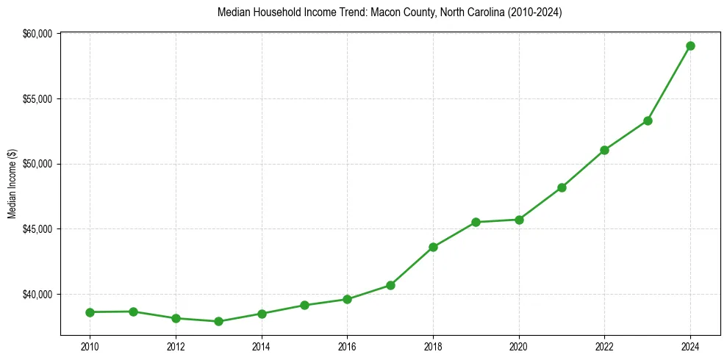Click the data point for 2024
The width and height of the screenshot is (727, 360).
tap(690, 46)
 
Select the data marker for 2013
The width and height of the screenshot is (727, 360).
tap(218, 321)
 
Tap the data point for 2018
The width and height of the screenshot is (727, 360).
tap(433, 247)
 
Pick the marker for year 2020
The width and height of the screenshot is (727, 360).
tap(519, 220)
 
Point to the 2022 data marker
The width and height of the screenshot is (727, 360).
tap(604, 150)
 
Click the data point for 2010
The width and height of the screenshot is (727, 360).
tap(90, 312)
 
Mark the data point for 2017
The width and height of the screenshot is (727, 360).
tap(390, 285)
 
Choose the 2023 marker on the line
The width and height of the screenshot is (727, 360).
tap(648, 120)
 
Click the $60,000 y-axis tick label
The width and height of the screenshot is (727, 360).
tap(38, 34)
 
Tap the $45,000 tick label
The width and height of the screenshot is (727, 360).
tap(38, 229)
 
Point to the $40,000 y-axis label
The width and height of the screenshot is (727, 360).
tap(38, 295)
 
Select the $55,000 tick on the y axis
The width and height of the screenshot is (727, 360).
tap(38, 99)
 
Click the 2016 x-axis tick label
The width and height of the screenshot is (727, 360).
tap(347, 345)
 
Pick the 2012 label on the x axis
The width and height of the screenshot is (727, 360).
tap(175, 345)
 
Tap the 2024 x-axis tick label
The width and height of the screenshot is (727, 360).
tap(690, 345)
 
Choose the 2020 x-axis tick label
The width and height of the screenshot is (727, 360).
tap(519, 345)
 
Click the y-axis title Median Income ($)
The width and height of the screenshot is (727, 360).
tap(12, 184)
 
